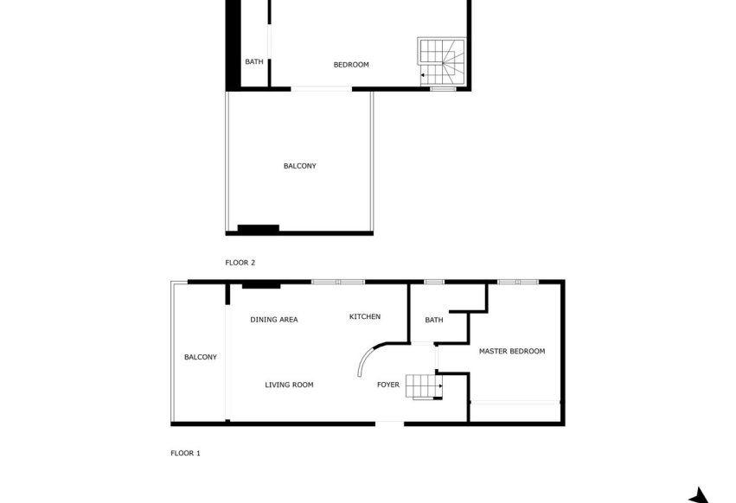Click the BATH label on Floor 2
coord(253,62)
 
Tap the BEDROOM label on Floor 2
coord(351,65)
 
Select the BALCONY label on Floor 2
coord(299,166)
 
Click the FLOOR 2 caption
coord(240,262)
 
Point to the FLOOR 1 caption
coord(185,452)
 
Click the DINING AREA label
coord(274,320)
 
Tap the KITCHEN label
coord(364,317)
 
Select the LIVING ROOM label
coord(289,385)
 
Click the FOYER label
coord(388,385)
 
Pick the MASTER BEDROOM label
coord(512,351)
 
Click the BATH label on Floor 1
coord(433,321)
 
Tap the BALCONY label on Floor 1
coord(200,357)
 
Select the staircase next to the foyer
coord(425,386)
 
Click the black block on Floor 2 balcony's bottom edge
coord(258,229)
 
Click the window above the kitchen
coord(338,281)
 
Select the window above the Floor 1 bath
coord(433,281)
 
